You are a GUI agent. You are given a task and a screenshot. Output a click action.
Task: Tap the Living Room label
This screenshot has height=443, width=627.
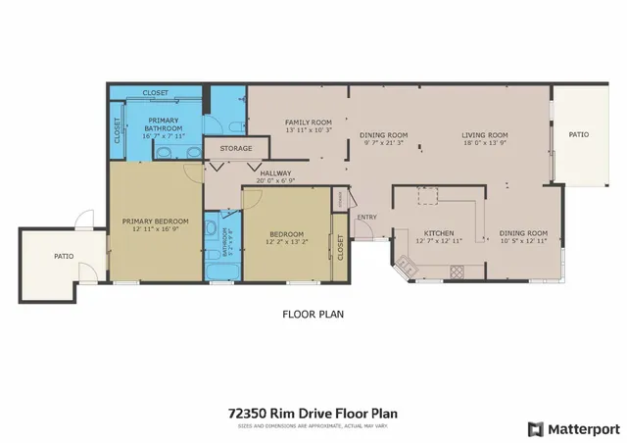(x=485, y=135)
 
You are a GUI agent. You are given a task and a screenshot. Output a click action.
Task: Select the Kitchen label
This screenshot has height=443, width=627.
(x=432, y=233)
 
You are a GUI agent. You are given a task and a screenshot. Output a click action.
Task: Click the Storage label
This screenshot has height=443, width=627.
(x=235, y=149)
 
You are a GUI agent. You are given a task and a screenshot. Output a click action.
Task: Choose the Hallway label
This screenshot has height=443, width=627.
(x=275, y=173)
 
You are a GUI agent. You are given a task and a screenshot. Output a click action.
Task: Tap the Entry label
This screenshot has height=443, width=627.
(x=367, y=218)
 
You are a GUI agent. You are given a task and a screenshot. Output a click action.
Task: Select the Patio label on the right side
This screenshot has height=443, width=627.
(x=579, y=134)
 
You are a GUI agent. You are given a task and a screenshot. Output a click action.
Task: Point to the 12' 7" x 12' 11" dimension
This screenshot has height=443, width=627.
(x=432, y=241)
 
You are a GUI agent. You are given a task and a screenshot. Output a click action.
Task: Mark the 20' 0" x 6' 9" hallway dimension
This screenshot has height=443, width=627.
(x=275, y=181)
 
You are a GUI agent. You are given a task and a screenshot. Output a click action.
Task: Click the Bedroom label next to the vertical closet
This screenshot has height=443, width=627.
(x=286, y=234)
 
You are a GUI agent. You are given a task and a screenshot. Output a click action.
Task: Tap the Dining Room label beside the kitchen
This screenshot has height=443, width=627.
(x=523, y=233)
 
